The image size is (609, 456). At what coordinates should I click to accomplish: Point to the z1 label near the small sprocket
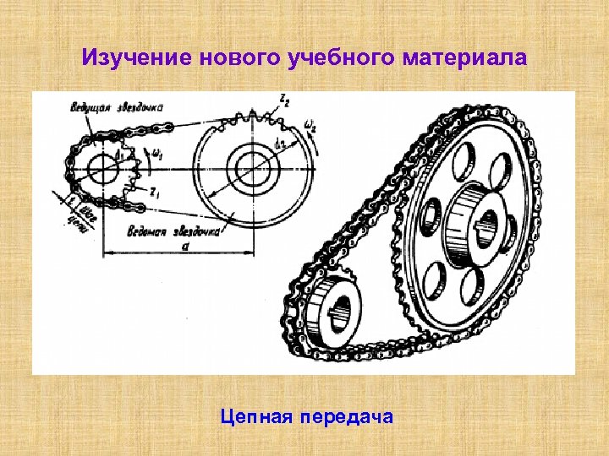point(154,193)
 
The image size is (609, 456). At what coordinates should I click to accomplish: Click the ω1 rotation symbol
point(158,155)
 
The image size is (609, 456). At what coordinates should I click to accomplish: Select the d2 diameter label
point(280,144)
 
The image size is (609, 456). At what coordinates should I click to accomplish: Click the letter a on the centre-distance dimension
point(185,246)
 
